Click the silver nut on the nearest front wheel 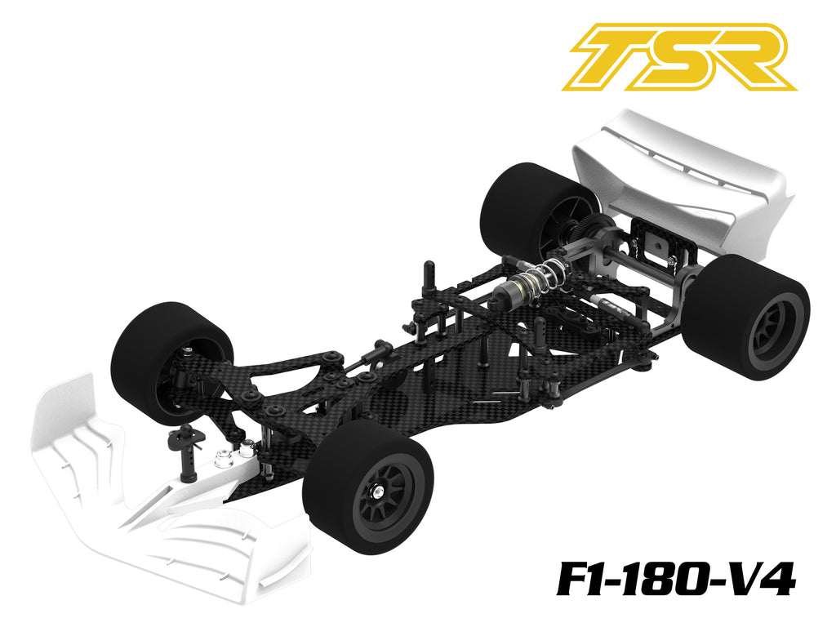[380, 488]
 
